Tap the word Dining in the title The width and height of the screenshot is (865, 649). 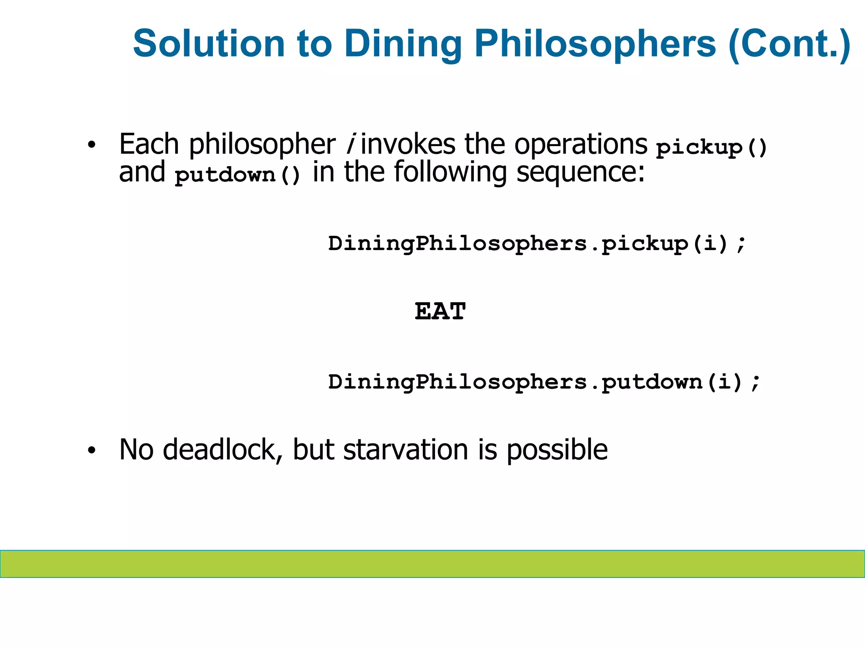403,44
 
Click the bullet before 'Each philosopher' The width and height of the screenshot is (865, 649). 92,146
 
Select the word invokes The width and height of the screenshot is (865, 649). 408,145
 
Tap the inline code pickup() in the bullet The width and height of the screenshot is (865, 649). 711,147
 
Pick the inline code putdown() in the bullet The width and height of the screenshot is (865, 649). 238,175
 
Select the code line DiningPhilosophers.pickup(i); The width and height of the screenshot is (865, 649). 537,244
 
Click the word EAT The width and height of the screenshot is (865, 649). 440,311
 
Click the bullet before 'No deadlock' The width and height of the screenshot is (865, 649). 92,451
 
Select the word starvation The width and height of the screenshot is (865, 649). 405,450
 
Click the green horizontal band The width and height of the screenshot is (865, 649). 432,564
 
